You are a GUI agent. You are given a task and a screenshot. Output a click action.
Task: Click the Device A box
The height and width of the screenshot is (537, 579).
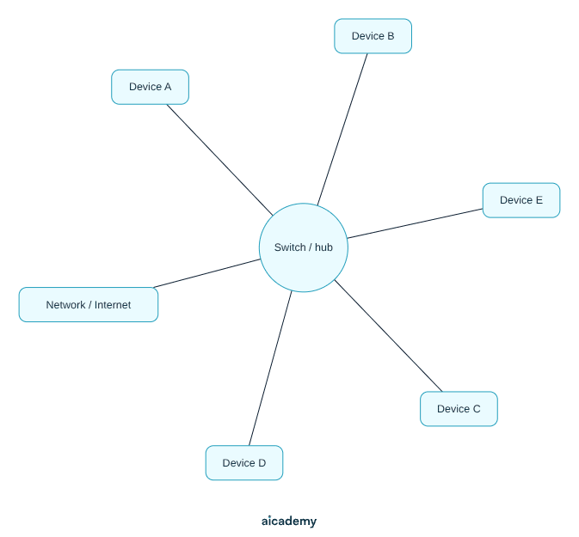(150, 87)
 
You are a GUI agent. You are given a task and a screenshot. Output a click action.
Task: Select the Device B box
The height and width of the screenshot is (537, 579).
(373, 36)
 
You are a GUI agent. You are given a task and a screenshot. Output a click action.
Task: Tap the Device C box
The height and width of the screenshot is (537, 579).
(459, 409)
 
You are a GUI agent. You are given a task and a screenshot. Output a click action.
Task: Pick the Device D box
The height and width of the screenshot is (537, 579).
(244, 463)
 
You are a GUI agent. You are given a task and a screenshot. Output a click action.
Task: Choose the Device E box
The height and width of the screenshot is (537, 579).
(521, 200)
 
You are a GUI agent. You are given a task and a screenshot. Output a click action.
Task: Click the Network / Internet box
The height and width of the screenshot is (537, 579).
(89, 305)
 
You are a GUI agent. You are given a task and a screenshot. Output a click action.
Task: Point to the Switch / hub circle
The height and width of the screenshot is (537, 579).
(304, 247)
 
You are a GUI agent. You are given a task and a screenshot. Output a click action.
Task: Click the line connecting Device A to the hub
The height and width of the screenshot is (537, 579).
(219, 160)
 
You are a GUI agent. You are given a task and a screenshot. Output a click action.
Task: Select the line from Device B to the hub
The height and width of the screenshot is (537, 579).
(342, 130)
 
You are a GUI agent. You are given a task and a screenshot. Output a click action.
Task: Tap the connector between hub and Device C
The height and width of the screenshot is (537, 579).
(388, 336)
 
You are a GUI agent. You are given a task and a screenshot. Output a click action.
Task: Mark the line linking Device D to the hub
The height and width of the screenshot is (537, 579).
(270, 369)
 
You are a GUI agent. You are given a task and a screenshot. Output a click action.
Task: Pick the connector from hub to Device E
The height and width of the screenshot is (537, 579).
(415, 223)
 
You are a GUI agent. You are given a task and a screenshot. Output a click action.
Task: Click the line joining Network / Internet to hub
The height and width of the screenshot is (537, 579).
(206, 273)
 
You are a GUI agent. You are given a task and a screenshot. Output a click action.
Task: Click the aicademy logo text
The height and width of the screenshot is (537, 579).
(289, 522)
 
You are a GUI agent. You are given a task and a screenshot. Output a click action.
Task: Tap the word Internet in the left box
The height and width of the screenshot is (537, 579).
(113, 305)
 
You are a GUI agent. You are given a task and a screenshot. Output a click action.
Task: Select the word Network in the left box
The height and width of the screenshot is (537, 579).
(65, 305)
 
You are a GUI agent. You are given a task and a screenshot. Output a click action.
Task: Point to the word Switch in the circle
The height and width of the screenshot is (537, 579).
(290, 247)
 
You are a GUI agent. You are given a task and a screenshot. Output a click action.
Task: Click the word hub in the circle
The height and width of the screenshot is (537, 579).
(323, 247)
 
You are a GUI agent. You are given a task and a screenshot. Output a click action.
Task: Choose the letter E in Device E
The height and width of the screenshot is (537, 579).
(539, 200)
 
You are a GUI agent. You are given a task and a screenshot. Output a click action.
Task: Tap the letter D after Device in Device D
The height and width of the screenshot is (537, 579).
(262, 463)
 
